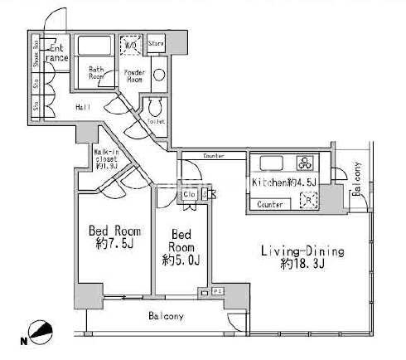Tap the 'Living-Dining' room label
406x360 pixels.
[302, 251]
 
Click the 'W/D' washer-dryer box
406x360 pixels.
[131, 45]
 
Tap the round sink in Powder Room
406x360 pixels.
[159, 74]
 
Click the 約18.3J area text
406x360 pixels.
[302, 265]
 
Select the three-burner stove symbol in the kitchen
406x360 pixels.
[304, 163]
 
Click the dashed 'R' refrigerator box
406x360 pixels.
[307, 200]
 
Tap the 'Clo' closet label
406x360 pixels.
[189, 196]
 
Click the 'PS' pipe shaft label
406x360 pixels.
[218, 291]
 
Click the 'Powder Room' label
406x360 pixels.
[134, 76]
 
